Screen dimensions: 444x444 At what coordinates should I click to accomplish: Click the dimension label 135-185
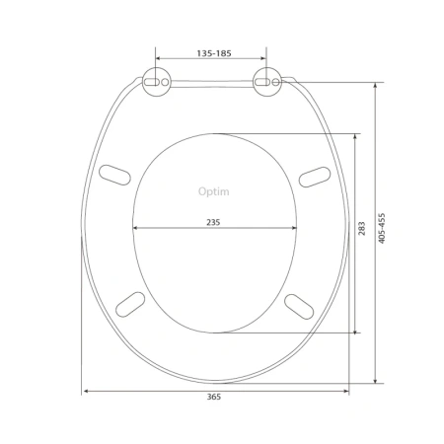[214, 53]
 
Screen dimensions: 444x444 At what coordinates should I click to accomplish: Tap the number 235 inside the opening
[213, 222]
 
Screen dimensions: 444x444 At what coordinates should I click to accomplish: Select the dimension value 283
[361, 228]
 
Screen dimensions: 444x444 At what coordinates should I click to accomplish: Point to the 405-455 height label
[381, 228]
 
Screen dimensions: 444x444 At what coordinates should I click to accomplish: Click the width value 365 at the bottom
[214, 397]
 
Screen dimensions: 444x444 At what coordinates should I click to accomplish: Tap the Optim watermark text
[214, 191]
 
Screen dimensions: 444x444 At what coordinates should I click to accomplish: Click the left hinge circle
[157, 82]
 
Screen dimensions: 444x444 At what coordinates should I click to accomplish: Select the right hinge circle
[267, 82]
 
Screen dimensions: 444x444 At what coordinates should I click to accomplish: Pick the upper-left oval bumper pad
[114, 175]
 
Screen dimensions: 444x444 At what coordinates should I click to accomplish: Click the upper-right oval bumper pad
[315, 177]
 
